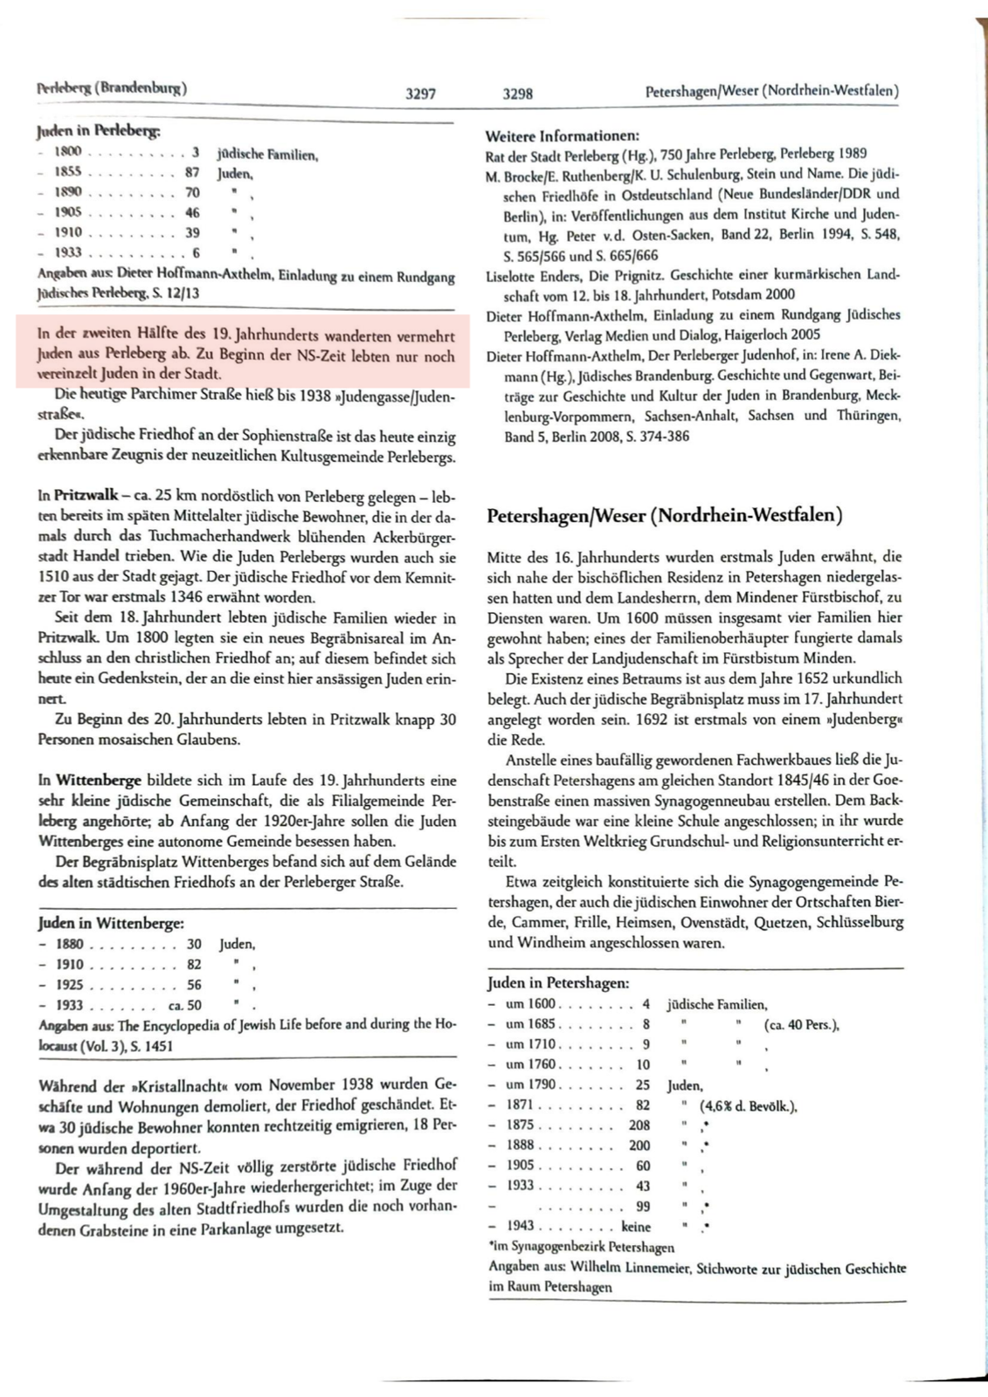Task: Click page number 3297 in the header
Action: tap(420, 93)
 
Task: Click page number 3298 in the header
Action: tap(518, 93)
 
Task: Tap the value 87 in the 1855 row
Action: tap(191, 173)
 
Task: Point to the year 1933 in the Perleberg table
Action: tap(67, 252)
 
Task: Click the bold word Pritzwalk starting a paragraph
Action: tap(86, 496)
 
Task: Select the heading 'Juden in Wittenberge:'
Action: tap(111, 923)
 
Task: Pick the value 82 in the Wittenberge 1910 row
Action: tap(193, 964)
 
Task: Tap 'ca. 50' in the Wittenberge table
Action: tap(184, 1005)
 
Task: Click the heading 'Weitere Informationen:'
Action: tap(562, 136)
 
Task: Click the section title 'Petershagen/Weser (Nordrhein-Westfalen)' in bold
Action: tap(664, 515)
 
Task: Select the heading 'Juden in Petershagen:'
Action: tap(557, 983)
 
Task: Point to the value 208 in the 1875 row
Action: tap(639, 1125)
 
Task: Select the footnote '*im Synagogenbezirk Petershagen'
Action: tap(580, 1247)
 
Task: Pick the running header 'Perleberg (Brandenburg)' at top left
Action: tap(111, 87)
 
